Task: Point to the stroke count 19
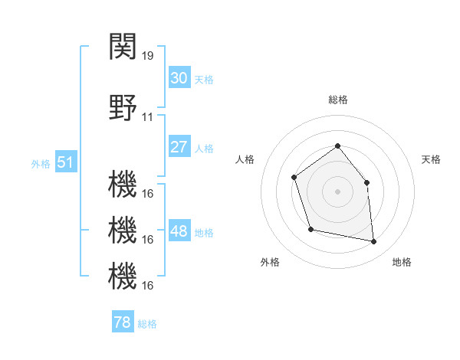tap(149, 55)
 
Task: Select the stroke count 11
tap(148, 117)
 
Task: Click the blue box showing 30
tap(179, 78)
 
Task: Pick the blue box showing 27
tap(179, 147)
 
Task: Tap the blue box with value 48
tap(179, 231)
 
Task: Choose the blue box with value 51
tap(65, 162)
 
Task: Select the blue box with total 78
tap(122, 322)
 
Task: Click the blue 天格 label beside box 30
tap(203, 80)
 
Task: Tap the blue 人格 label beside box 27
tap(203, 149)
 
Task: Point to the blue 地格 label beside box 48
tap(203, 233)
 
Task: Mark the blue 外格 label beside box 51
tap(41, 164)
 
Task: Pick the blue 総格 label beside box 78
tap(147, 324)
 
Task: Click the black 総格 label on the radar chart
tap(337, 100)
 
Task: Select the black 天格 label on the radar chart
tap(432, 159)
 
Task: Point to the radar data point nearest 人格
tap(294, 178)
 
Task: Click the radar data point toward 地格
tap(374, 242)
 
